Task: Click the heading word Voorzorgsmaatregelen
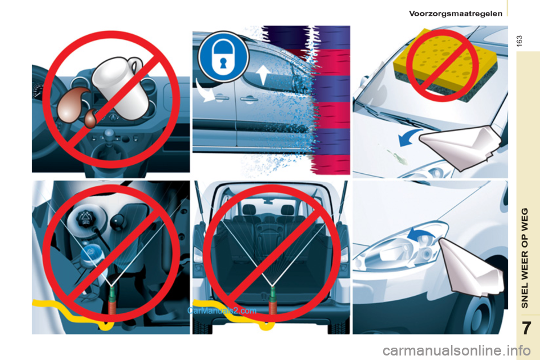pos(456,13)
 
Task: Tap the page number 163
pos(519,41)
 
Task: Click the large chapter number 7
pos(526,328)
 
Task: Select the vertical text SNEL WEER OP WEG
pos(524,258)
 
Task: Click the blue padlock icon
pos(223,56)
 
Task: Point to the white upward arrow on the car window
pos(263,75)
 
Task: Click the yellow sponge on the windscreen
pos(446,65)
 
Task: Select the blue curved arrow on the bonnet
pos(408,138)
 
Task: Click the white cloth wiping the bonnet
pos(461,146)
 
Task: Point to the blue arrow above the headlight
pos(421,236)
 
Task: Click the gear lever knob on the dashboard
pos(109,133)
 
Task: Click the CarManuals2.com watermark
pos(222,310)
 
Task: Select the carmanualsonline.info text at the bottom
pos(456,351)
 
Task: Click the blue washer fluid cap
pos(91,255)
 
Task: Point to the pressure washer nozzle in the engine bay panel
pos(112,300)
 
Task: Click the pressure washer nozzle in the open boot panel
pos(273,300)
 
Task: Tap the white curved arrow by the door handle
pos(205,91)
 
